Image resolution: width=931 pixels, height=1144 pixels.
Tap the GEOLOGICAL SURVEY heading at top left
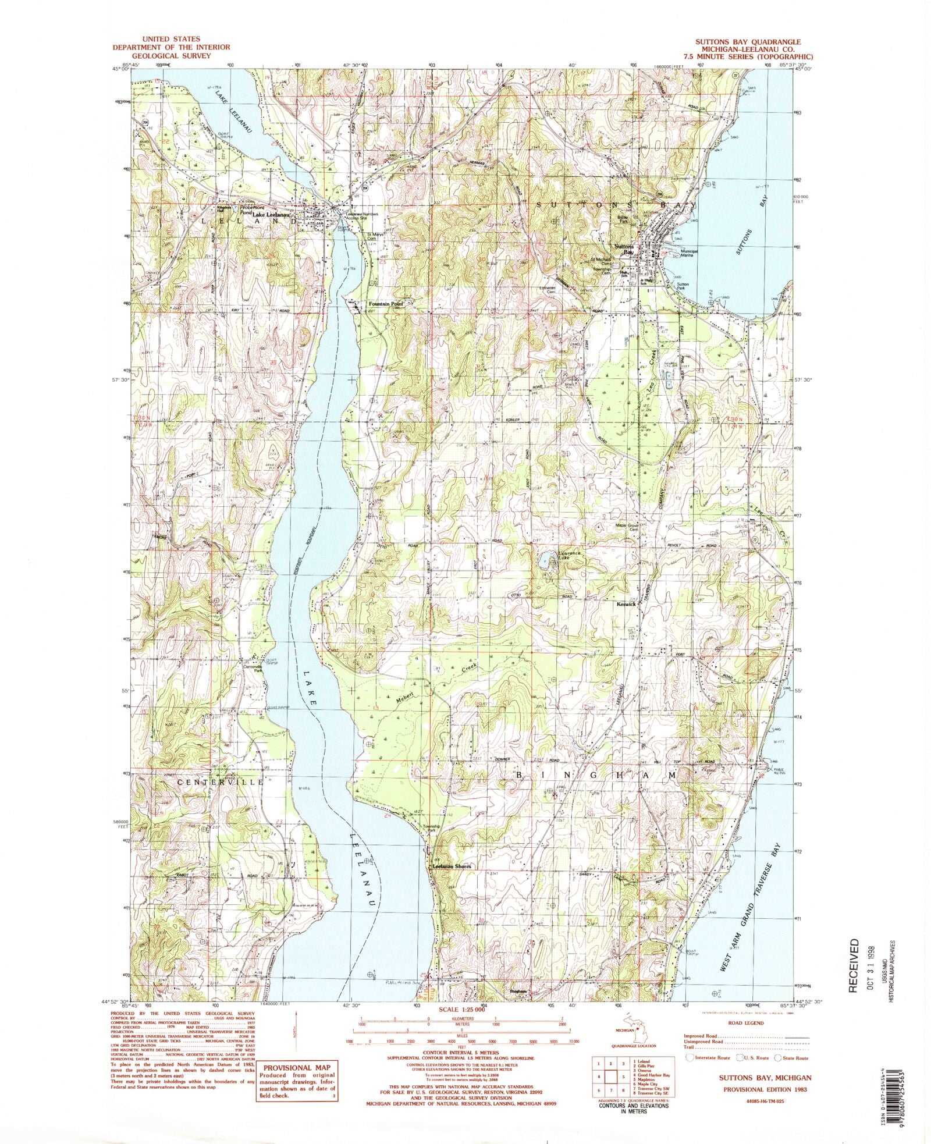pos(171,56)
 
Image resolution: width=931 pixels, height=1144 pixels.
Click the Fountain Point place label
pos(386,304)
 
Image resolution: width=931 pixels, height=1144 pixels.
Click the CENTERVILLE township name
pos(221,782)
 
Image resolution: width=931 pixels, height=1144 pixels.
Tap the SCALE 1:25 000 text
pos(461,1010)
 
